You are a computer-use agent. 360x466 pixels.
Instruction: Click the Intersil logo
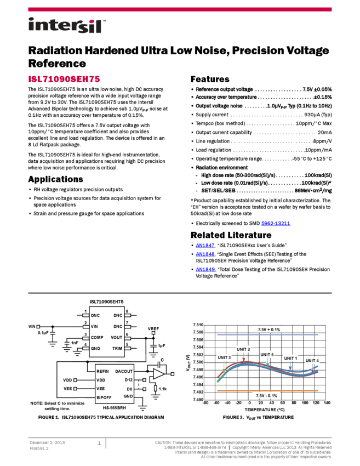pos(67,26)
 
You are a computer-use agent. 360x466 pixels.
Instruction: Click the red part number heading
pos(64,79)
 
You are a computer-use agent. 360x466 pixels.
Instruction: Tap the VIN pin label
pos(94,326)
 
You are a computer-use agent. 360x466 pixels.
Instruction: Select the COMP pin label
pos(97,337)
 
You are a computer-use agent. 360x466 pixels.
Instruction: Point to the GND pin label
pos(95,348)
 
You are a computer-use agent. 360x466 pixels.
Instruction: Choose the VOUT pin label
pos(116,337)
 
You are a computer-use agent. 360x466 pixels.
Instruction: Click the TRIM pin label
pos(117,348)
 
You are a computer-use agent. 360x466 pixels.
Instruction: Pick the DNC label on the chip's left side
pos(95,315)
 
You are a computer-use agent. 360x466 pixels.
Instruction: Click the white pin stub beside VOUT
pos(128,337)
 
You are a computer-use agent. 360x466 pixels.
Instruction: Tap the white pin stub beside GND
pos(86,348)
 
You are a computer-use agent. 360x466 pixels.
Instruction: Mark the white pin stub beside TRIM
pos(128,348)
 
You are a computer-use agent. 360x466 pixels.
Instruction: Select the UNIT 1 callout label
pos(290,358)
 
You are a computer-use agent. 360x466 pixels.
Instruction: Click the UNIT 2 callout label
pos(243,349)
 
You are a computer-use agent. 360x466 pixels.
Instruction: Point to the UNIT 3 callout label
pos(224,357)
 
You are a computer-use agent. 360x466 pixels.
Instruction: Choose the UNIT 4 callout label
pos(312,360)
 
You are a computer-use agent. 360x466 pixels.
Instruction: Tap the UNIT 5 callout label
pos(267,354)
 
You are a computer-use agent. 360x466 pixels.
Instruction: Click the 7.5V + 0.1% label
pos(268,329)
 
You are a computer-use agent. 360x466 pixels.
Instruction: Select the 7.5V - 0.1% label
pos(266,395)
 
